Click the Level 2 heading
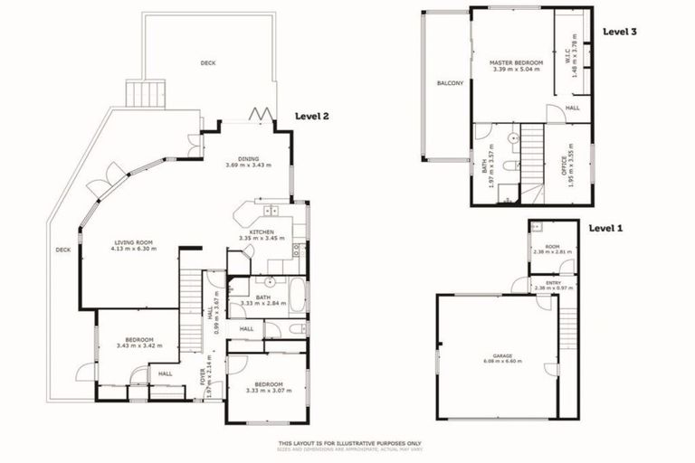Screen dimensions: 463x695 point(312,117)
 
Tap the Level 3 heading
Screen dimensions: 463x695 point(620,32)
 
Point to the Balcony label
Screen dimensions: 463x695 point(450,84)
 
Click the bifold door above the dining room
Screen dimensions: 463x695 point(260,115)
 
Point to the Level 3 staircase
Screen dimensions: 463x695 point(533,158)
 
